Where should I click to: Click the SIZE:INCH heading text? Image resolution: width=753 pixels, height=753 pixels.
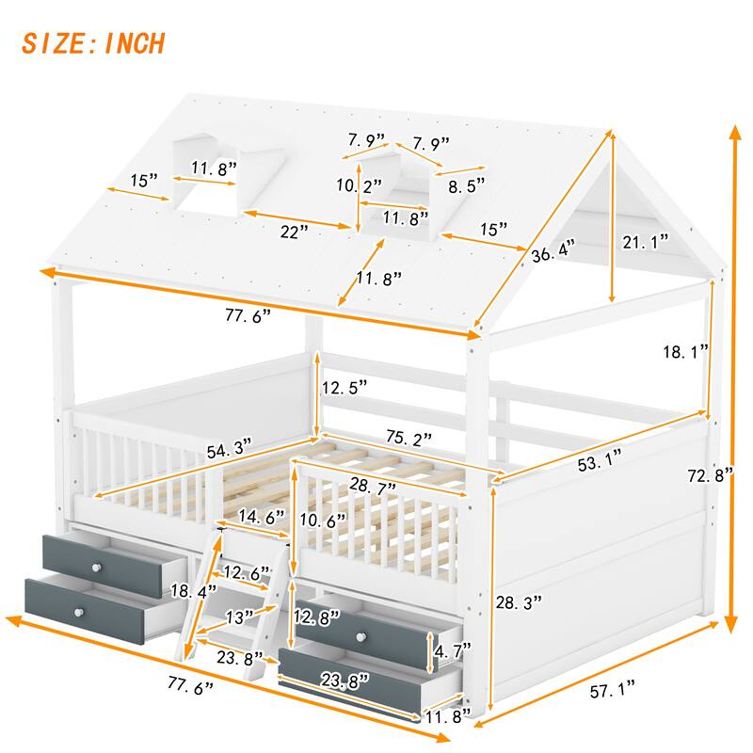click(x=93, y=42)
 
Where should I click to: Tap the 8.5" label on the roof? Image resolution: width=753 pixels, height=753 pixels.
click(x=468, y=187)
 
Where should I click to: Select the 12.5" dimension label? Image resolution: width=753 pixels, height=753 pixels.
click(x=344, y=387)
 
